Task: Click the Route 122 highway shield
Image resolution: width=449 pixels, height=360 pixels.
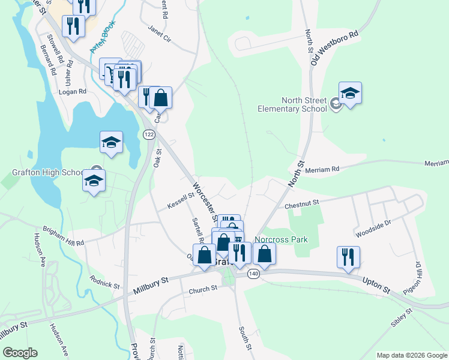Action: [x=148, y=135]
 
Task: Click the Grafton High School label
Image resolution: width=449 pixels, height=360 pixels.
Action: [x=47, y=173]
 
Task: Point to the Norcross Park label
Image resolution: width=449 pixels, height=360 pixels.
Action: [x=281, y=239]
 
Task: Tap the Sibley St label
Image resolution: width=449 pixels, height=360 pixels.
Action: [x=402, y=317]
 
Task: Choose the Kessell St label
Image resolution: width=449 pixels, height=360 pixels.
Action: [x=181, y=200]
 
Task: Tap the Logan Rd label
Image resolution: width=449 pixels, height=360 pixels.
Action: [x=73, y=92]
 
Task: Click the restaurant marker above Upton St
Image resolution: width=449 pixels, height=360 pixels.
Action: [x=348, y=257]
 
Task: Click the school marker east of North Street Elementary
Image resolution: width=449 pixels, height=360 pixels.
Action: [x=350, y=93]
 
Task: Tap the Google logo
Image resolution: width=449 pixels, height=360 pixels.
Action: [x=20, y=353]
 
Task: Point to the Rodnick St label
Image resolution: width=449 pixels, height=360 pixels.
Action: [x=104, y=280]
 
